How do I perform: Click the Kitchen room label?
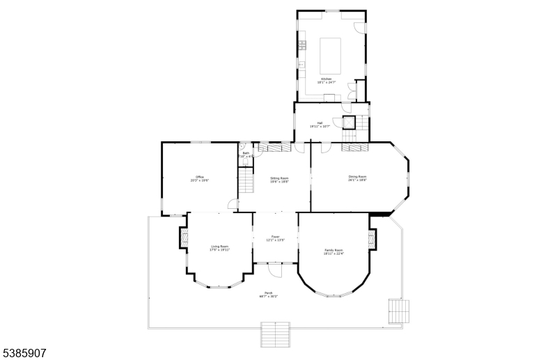(331, 81)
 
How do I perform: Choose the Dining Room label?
(357, 178)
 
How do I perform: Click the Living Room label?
(220, 248)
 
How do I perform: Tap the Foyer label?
(276, 238)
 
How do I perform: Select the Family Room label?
(334, 251)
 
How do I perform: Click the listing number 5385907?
(24, 354)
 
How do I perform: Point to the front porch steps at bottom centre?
(275, 334)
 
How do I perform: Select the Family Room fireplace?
(372, 239)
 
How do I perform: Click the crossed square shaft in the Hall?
(348, 123)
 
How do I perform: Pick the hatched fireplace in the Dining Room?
(355, 148)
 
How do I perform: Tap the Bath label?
(246, 155)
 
